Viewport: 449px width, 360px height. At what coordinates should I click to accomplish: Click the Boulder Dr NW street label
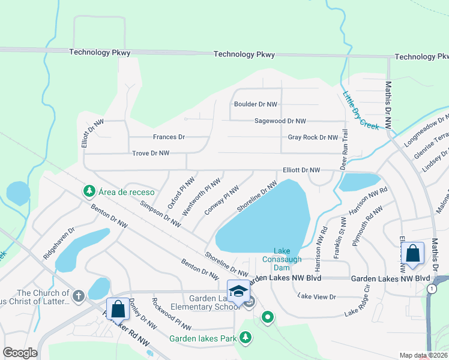pyautogui.click(x=256, y=104)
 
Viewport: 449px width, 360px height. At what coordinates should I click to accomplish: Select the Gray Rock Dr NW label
pyautogui.click(x=313, y=137)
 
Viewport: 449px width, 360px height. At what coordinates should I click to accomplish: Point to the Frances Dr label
pyautogui.click(x=169, y=137)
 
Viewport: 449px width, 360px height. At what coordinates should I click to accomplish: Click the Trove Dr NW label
pyautogui.click(x=151, y=153)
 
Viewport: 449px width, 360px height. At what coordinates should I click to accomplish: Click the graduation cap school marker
pyautogui.click(x=238, y=291)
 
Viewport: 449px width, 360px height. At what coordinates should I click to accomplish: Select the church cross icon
pyautogui.click(x=78, y=295)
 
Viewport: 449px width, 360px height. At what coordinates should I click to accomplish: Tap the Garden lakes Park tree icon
pyautogui.click(x=245, y=338)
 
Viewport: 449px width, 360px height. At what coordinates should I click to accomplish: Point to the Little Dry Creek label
pyautogui.click(x=360, y=110)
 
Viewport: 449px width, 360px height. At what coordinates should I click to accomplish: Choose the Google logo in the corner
pyautogui.click(x=20, y=353)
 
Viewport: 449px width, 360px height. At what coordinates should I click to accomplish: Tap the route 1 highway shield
pyautogui.click(x=432, y=289)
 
